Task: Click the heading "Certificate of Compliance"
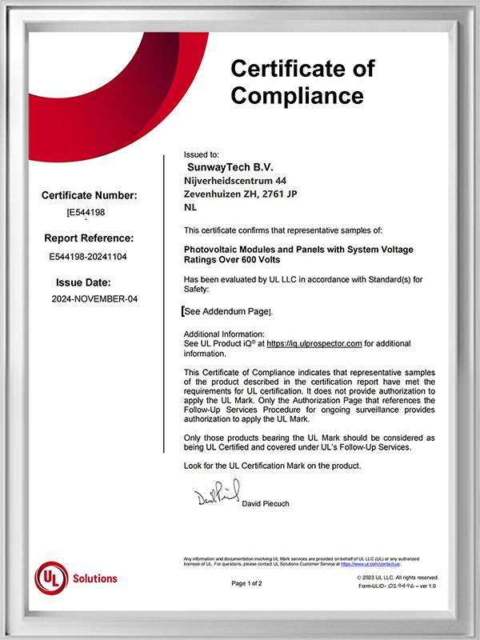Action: [x=302, y=82]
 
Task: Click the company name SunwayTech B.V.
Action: [x=228, y=168]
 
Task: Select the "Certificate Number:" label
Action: [x=90, y=195]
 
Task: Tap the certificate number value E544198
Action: [x=86, y=214]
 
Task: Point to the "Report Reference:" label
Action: [x=89, y=238]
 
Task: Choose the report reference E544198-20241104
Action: [x=88, y=257]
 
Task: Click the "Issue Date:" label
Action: [x=88, y=282]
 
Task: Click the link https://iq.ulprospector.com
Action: [x=314, y=342]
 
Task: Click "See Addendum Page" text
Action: [x=228, y=311]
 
